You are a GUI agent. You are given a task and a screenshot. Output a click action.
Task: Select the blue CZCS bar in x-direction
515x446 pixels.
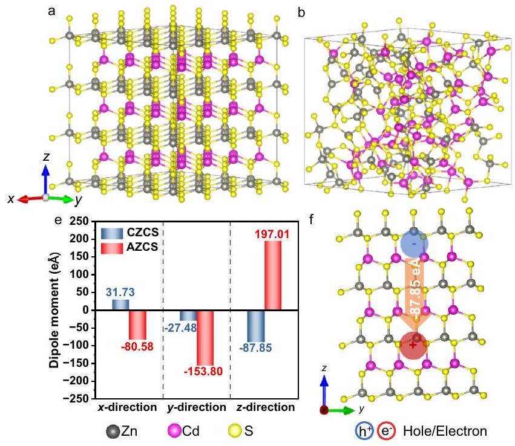(120, 305)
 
